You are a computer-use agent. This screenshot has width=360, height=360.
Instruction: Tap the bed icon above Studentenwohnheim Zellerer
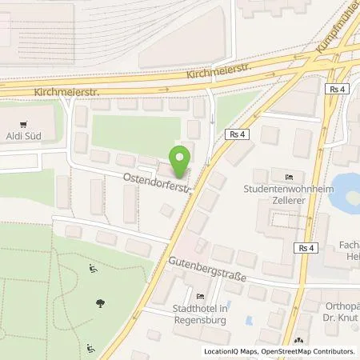[289, 176]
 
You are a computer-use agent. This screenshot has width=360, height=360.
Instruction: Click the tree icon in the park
[99, 303]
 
